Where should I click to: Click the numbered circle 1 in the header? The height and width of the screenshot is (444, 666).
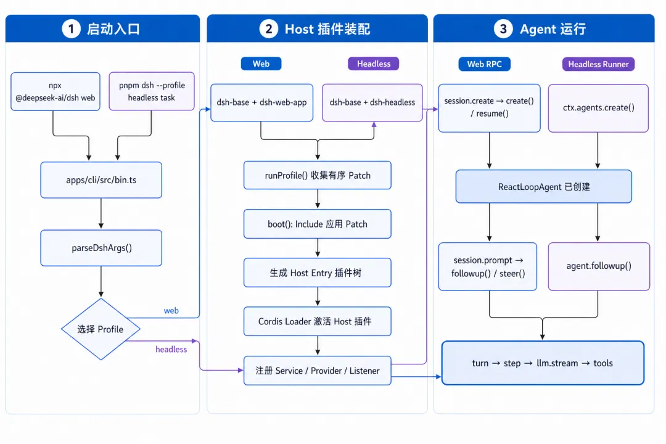coord(72,29)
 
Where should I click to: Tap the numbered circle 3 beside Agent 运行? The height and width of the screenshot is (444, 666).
coord(503,29)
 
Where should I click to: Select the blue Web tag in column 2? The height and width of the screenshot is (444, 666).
coord(261,64)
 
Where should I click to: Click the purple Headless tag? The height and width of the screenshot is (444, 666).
coord(373,64)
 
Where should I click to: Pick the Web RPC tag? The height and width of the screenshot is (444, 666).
coord(484,64)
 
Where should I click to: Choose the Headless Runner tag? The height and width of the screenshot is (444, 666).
coord(598,64)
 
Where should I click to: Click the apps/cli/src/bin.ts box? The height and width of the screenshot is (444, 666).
coord(101,179)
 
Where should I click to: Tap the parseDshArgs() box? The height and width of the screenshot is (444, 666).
coord(101,248)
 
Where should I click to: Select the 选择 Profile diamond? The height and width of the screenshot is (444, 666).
coord(101,329)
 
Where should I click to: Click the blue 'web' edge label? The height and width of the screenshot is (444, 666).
coord(171,311)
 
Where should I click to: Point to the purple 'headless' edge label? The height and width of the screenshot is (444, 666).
coord(171,349)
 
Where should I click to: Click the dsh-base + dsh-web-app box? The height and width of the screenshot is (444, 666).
coord(261,102)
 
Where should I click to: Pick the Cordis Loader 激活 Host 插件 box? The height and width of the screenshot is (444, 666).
coord(318,321)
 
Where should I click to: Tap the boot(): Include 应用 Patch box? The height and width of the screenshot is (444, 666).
coord(318,224)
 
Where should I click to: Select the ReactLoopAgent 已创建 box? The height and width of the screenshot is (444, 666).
coord(544,186)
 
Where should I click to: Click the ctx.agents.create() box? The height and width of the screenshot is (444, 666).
coord(598,108)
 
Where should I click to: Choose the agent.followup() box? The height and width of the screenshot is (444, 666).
coord(599,266)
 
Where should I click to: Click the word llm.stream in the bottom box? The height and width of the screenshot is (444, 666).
coord(557,363)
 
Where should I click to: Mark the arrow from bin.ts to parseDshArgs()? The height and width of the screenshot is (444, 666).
coord(101,213)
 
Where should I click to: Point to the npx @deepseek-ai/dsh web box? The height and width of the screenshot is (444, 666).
coord(55,91)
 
